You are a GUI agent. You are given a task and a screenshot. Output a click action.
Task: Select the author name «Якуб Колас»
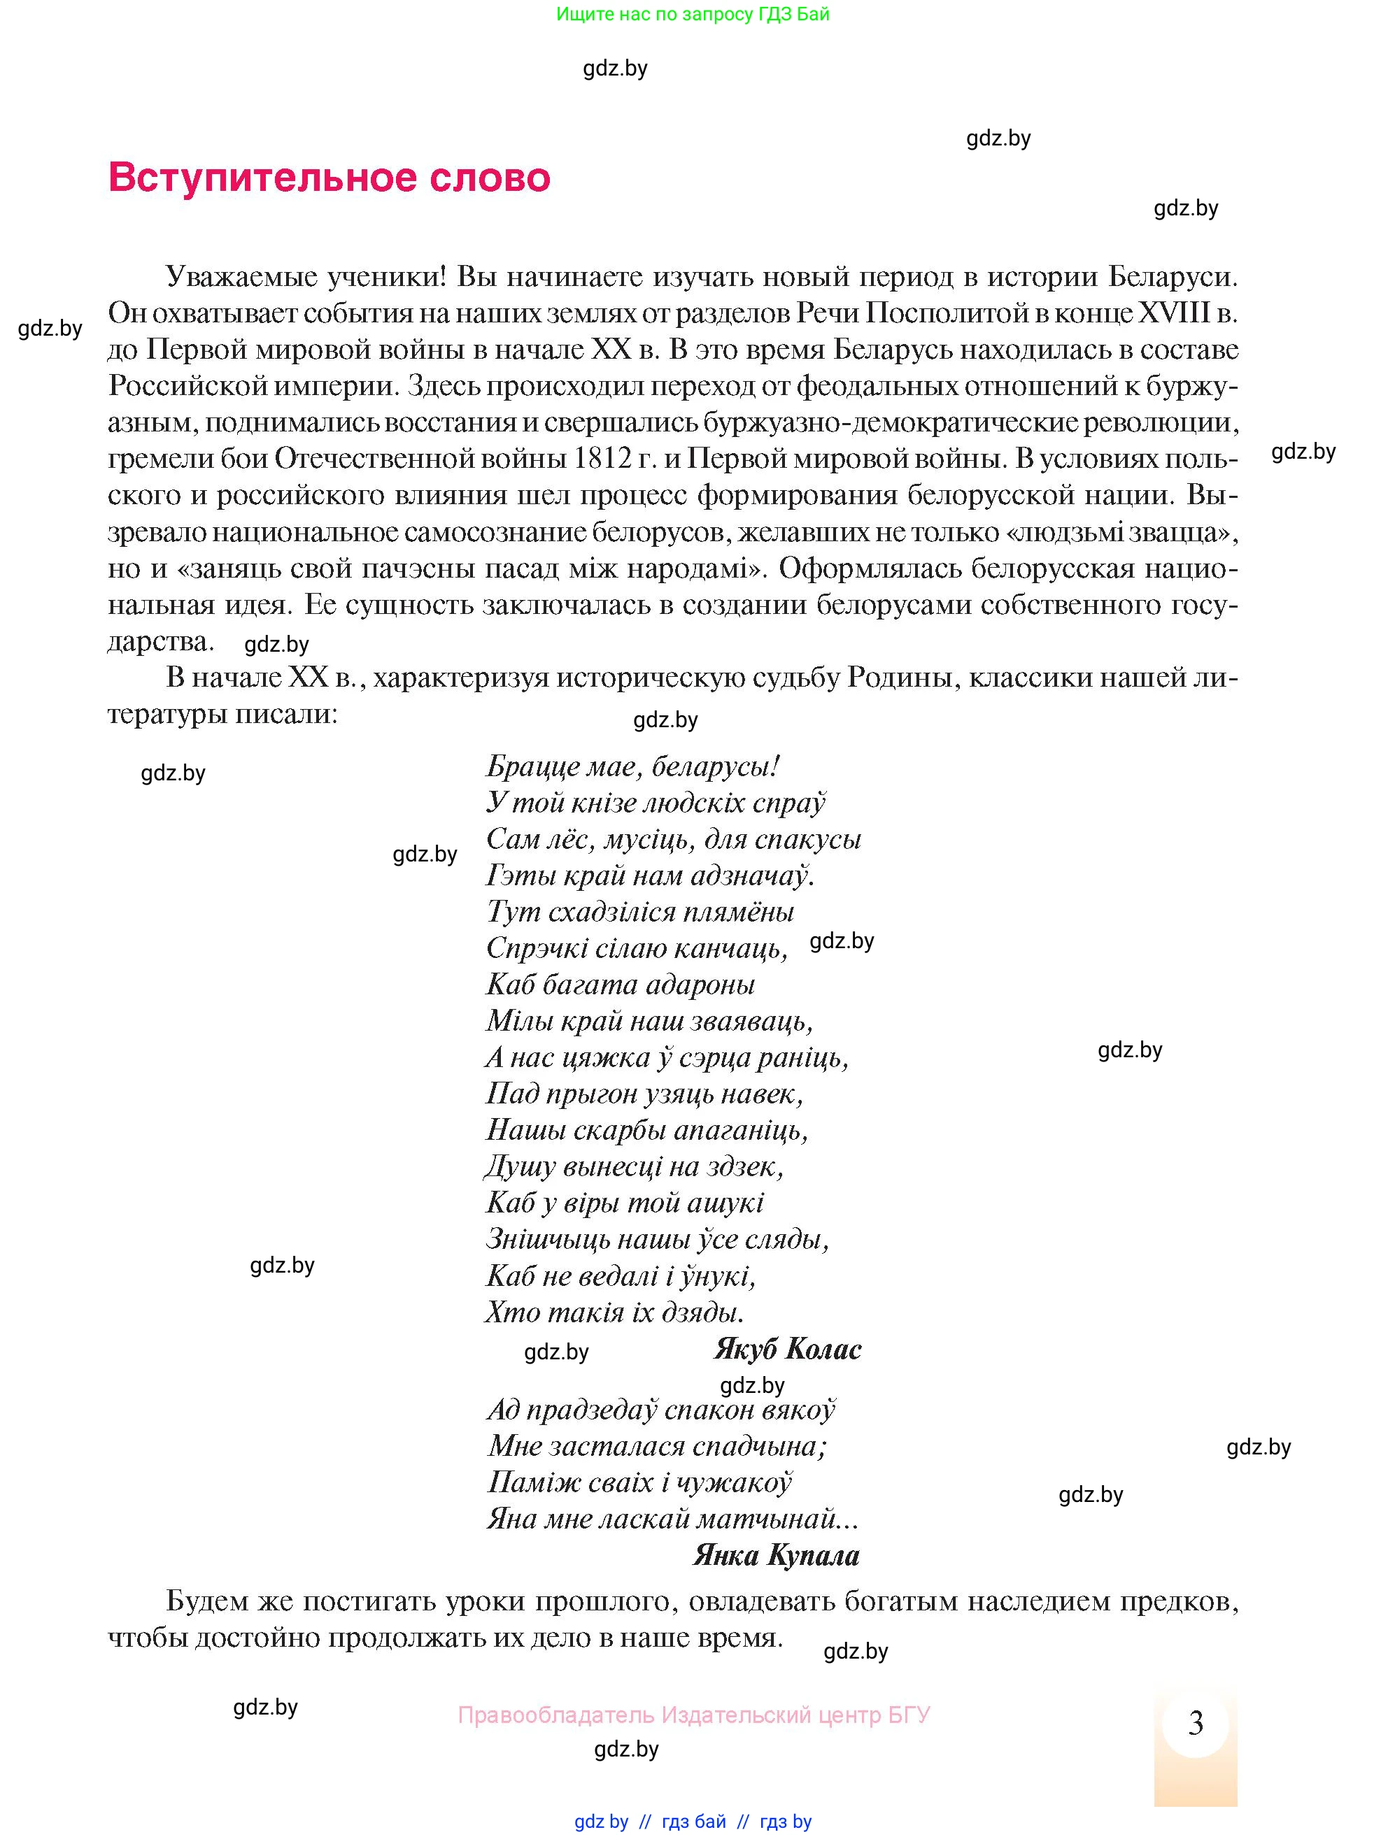[x=788, y=1349]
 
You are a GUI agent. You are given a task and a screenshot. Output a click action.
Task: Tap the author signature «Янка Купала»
[x=776, y=1554]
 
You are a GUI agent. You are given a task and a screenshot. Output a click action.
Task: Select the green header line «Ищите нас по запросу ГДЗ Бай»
[x=693, y=14]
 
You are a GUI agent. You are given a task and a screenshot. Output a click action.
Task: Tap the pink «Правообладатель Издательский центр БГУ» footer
[x=693, y=1715]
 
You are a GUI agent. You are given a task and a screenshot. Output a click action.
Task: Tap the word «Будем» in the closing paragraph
[x=211, y=1601]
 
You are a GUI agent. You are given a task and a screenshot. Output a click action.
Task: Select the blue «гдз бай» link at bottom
[x=693, y=1822]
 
